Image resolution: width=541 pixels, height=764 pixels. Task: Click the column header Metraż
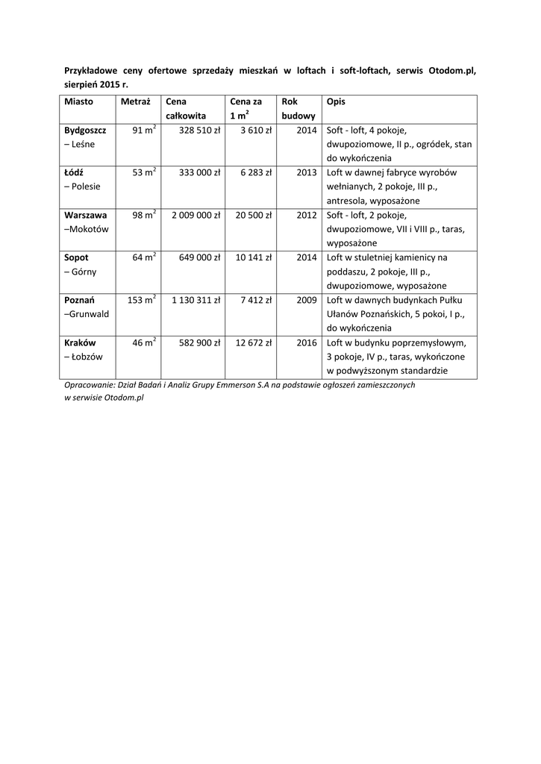[136, 101]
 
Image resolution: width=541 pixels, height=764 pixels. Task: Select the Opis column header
[336, 101]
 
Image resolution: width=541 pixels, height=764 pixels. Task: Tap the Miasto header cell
[78, 101]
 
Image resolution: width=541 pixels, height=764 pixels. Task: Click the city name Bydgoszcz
[85, 130]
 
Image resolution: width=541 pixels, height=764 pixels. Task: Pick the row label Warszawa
[85, 215]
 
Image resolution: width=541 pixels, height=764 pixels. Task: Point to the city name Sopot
[76, 257]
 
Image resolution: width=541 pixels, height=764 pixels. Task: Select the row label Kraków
[80, 342]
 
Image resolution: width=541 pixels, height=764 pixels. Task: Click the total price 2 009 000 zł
[196, 215]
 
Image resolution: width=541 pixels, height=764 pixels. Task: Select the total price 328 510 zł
[199, 130]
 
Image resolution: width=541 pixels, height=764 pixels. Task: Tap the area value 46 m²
[143, 342]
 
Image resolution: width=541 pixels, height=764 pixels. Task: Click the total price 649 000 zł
[199, 257]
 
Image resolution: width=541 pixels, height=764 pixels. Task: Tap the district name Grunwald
[89, 314]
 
